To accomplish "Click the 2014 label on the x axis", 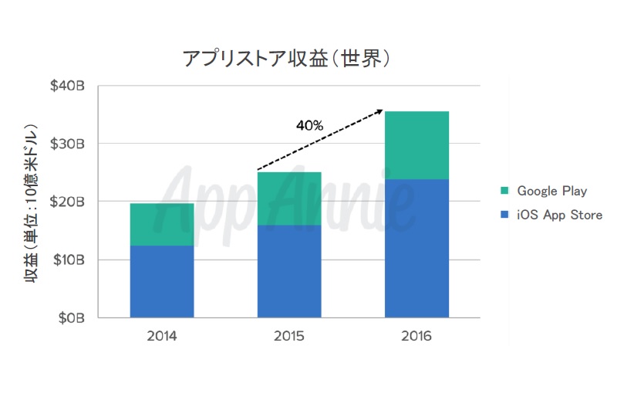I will pos(161,337).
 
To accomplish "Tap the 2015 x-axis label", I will pos(289,337).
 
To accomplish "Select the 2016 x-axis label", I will pos(416,337).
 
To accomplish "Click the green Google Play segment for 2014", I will pos(161,224).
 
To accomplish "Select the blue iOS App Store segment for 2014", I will pos(161,281).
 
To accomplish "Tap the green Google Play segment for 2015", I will pos(289,198).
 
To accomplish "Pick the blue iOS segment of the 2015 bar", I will pos(289,271).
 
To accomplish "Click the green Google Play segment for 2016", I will pos(416,145).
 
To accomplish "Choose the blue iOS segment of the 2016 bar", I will pos(416,248).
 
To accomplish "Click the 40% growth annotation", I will pos(309,124).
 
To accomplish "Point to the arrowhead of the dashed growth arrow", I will pos(379,112).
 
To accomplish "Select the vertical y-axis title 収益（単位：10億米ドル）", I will pos(35,202).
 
